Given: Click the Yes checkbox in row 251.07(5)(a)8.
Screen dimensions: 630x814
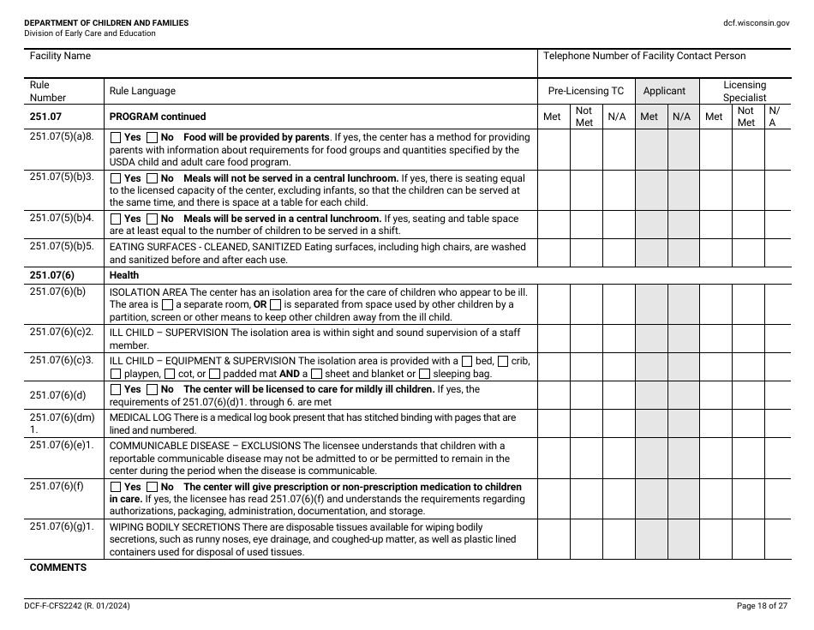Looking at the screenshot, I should pos(116,137).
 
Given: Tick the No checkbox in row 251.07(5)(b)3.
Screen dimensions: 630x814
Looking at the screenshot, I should pos(153,178).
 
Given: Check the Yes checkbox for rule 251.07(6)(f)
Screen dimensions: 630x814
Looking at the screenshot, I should pos(116,487).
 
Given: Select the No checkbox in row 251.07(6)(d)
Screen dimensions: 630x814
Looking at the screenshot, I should pos(153,389).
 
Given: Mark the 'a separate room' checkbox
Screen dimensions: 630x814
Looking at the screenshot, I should pos(167,304).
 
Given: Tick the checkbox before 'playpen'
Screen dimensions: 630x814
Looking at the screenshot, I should pos(116,375).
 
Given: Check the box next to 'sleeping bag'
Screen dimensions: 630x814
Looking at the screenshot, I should pos(425,375).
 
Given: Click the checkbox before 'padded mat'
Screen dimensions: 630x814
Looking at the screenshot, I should pos(214,375).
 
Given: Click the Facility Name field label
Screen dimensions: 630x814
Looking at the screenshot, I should pos(60,56).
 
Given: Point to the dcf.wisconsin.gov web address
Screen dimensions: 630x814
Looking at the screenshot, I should pos(756,23).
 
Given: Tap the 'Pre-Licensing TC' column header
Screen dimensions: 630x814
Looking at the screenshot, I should pos(586,91).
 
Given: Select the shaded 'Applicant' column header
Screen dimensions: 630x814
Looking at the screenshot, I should pos(664,91).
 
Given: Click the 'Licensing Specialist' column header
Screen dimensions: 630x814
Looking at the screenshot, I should pos(744,91).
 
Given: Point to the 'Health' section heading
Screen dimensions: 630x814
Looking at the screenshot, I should pos(123,275).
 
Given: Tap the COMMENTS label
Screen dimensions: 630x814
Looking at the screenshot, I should pos(58,567).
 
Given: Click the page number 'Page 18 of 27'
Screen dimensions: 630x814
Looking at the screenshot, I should pos(762,606).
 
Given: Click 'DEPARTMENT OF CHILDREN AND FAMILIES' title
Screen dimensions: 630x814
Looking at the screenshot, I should pos(106,22).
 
